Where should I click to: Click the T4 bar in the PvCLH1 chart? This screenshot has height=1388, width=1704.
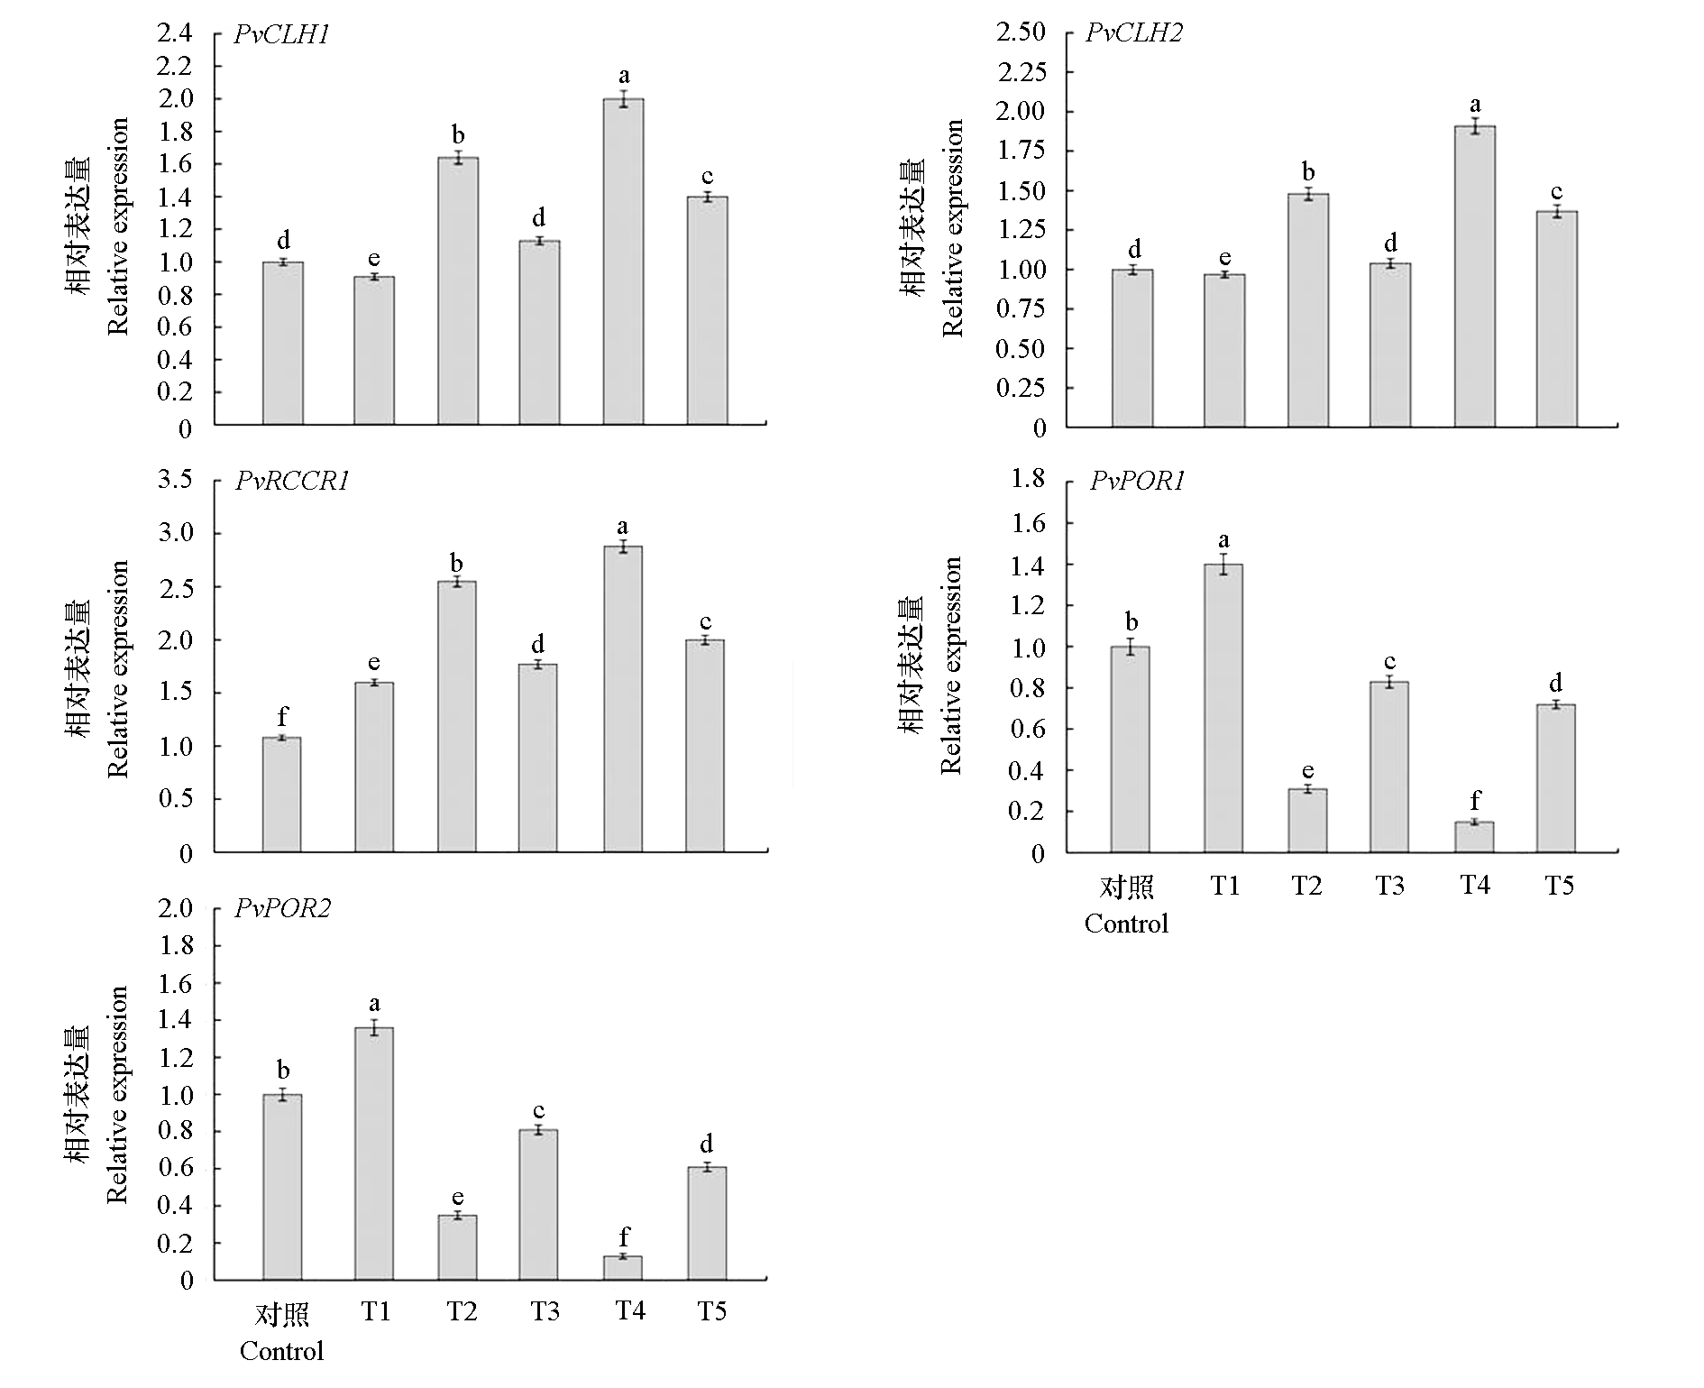(x=623, y=262)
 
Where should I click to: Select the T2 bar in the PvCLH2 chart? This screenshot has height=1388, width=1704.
(x=1307, y=310)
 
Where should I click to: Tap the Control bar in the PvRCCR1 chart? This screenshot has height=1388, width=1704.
(x=281, y=795)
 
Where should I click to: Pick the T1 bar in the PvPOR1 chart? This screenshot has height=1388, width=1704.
(x=1223, y=708)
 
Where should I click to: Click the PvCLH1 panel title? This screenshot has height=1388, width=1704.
(x=281, y=35)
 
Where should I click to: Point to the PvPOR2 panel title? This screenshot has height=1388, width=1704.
(x=282, y=908)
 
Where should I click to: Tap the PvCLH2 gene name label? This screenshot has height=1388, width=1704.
(x=1133, y=33)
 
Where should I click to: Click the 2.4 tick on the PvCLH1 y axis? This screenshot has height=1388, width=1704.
(x=175, y=34)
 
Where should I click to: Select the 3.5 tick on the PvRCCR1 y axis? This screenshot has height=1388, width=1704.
(x=175, y=480)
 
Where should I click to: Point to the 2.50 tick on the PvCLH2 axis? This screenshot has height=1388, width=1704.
(x=1021, y=32)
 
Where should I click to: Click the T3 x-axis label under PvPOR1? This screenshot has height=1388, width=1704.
(x=1389, y=886)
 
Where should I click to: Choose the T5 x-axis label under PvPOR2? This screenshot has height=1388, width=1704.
(x=711, y=1311)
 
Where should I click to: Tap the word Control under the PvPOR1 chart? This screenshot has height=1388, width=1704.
(x=1126, y=924)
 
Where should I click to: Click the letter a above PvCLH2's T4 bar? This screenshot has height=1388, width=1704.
(x=1475, y=105)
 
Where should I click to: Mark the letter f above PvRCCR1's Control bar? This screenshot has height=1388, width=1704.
(x=282, y=716)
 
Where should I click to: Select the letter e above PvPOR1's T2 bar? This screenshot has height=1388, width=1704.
(x=1307, y=770)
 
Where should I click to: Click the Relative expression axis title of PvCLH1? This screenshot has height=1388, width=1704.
(x=118, y=225)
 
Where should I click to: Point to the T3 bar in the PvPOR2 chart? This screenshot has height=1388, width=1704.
(x=538, y=1204)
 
